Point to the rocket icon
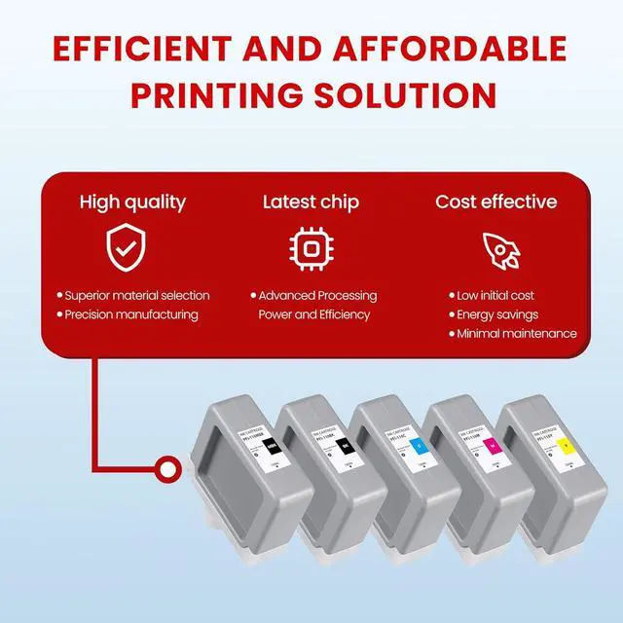point(500,250)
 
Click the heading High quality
point(131,202)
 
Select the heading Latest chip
point(311,202)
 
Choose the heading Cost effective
point(495,202)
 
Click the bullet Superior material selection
point(136,295)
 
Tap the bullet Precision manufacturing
point(130,314)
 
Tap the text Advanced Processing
point(317,295)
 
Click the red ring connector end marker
point(169,470)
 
